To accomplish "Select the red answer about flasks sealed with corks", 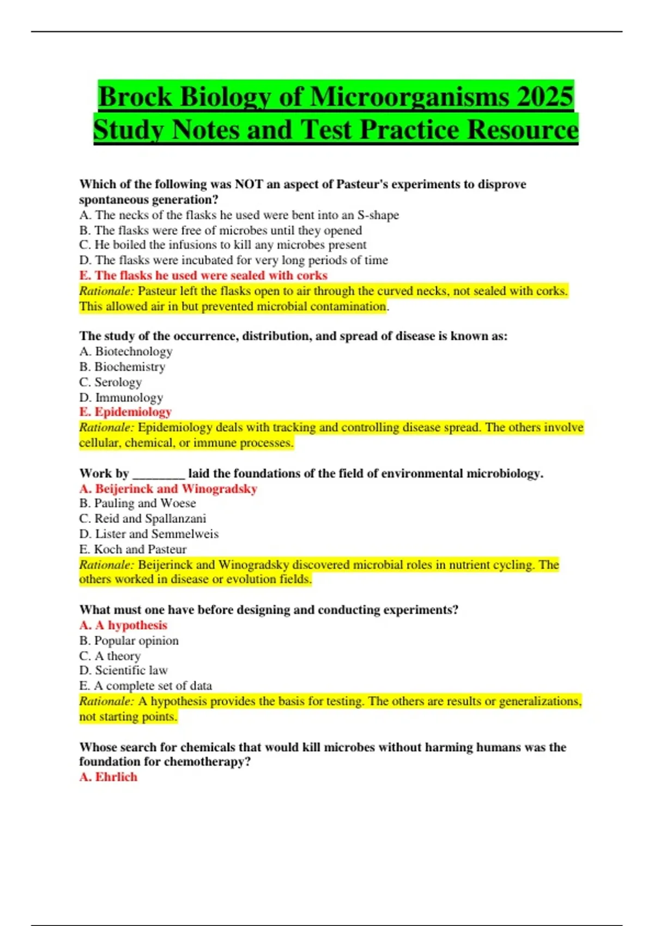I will coord(203,276).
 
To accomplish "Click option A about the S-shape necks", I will coord(239,215).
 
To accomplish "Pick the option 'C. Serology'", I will coord(110,382).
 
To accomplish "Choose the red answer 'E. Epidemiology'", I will coord(125,412).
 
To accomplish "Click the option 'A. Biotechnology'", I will coord(126,351).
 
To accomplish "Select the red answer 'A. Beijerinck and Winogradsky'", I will coord(168,489).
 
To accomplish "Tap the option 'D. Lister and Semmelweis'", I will coord(149,534).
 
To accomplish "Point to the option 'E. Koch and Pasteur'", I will coord(133,549).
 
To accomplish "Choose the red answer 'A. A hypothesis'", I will coord(123,625).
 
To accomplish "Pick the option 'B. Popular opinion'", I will coord(129,641).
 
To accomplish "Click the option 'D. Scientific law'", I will coord(123,670).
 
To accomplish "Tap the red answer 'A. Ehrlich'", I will coord(108,777).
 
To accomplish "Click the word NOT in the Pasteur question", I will coord(249,184).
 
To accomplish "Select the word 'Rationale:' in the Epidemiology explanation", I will coord(106,428).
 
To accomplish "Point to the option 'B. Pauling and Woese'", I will coord(137,503).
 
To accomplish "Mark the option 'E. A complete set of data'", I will coord(146,686).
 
